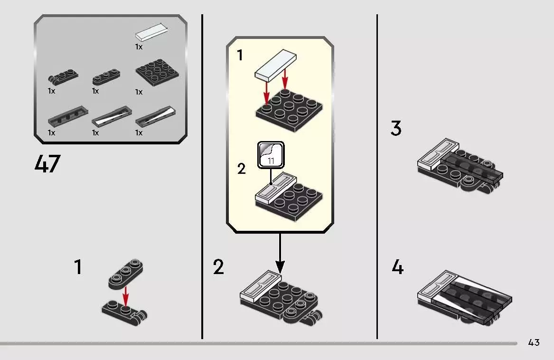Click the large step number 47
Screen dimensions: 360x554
[47, 164]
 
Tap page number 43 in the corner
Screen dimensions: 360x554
[534, 342]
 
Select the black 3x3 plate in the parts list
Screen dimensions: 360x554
[157, 73]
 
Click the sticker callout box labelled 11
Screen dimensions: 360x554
[271, 155]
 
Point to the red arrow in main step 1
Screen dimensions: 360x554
[126, 296]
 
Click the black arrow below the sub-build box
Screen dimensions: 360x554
[280, 254]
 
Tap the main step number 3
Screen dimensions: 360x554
[396, 129]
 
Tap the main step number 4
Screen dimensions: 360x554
[397, 267]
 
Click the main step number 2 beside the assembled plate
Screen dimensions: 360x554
[218, 267]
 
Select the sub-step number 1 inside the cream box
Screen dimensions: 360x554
[240, 56]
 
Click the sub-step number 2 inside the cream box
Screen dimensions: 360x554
[242, 169]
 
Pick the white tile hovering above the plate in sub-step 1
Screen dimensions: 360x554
[276, 64]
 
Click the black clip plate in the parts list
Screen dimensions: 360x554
[63, 78]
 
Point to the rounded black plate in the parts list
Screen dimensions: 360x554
[106, 77]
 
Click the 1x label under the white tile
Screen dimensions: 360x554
[139, 47]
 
